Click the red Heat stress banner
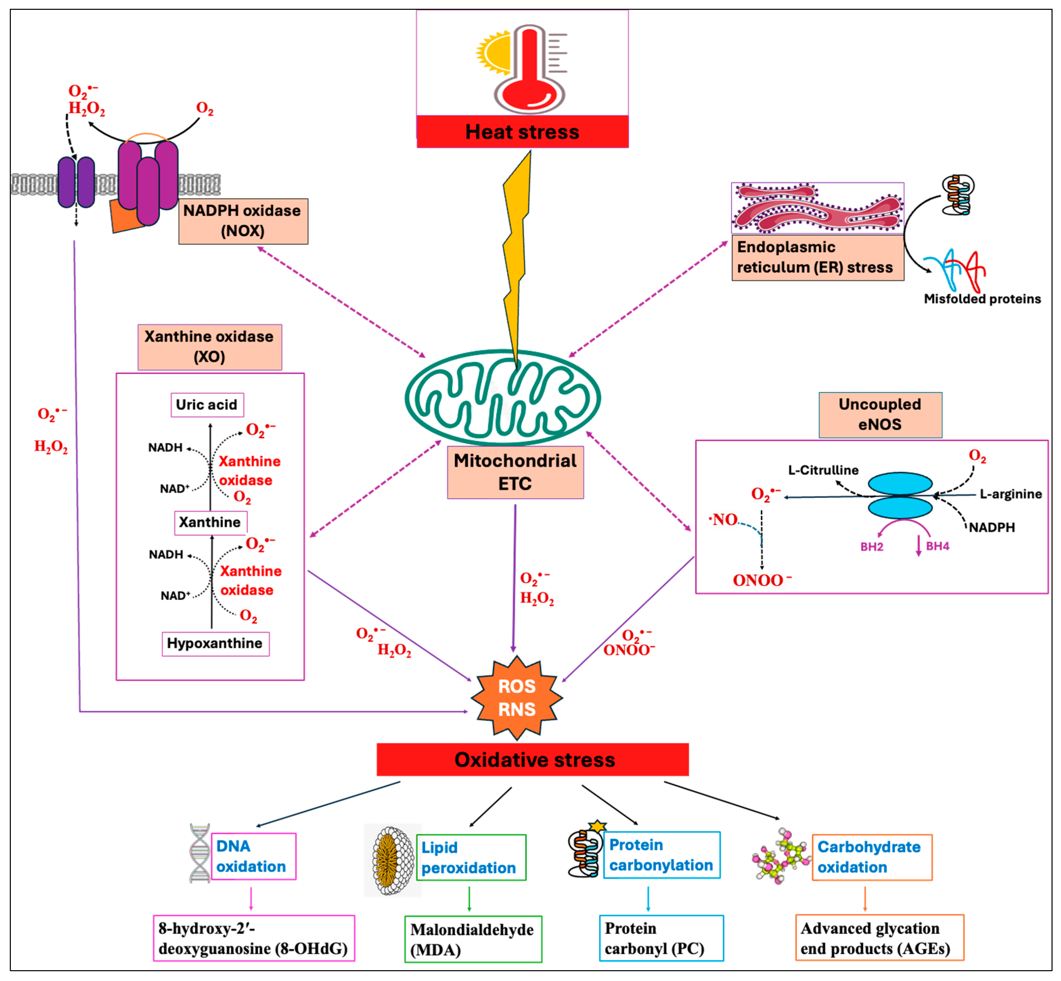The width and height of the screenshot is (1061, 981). coord(522,132)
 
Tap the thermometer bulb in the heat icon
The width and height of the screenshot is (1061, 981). coord(529,93)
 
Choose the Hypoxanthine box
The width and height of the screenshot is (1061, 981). coord(215,644)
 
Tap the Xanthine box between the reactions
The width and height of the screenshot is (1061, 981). coord(210,522)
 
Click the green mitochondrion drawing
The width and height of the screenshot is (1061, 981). coord(502,398)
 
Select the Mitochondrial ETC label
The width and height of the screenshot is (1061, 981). coord(515,472)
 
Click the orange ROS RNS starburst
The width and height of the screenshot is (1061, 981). coord(517,698)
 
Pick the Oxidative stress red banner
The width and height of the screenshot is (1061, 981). coord(533,760)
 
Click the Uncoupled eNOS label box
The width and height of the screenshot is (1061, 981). coord(880,415)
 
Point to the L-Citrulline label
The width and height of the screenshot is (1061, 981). coord(823,470)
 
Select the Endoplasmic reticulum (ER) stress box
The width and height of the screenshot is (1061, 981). coord(817,257)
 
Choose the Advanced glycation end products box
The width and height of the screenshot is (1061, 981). coord(879,938)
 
